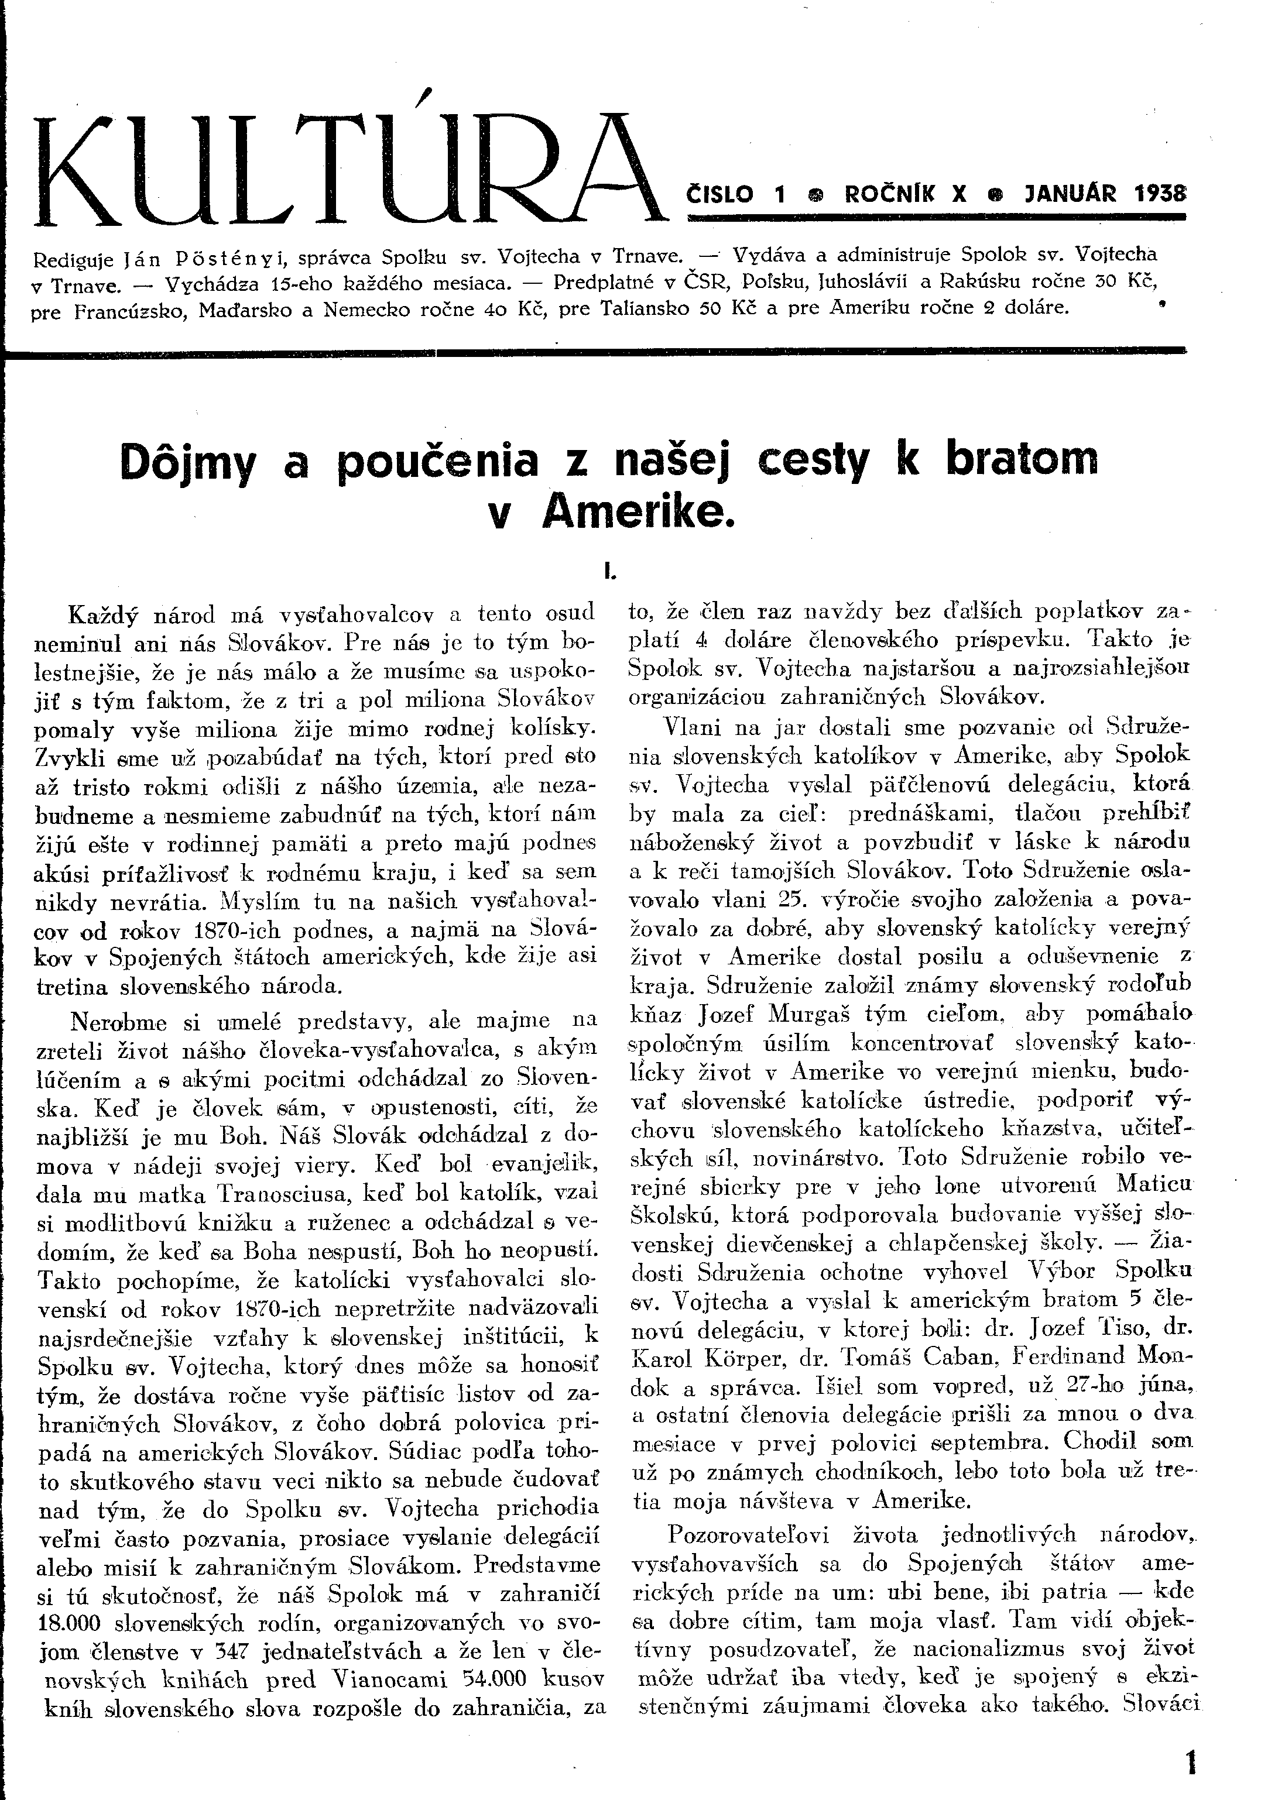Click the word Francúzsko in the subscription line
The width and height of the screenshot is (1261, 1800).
click(128, 311)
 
